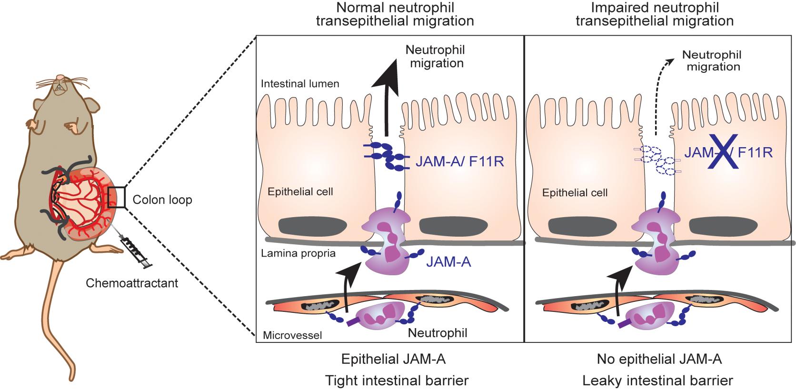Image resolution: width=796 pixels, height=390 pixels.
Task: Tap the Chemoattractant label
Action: [132, 283]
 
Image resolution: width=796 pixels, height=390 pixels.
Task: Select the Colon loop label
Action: [162, 200]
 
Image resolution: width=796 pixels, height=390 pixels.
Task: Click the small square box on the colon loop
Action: [116, 197]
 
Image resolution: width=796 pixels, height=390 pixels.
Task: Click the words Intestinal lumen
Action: [300, 84]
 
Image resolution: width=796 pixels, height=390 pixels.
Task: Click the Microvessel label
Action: [292, 335]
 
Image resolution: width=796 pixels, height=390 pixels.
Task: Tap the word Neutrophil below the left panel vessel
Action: [438, 333]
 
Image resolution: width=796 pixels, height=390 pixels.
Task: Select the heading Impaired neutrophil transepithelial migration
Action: [654, 14]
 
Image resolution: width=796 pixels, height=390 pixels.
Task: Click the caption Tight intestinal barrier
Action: [397, 380]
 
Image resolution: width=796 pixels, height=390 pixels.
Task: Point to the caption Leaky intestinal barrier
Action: [659, 380]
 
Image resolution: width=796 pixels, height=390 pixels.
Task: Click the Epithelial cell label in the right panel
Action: [575, 193]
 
